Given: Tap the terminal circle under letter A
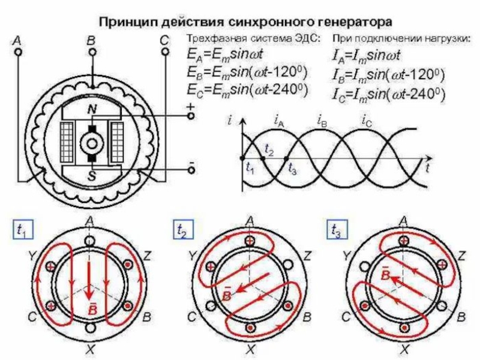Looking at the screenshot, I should [x=18, y=53].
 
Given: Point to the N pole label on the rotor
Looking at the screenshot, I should [x=92, y=109].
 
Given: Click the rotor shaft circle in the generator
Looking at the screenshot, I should [x=92, y=143].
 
